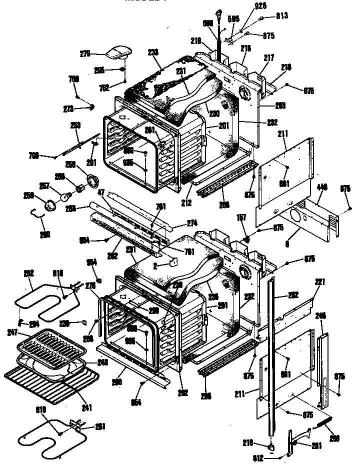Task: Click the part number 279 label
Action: [x=85, y=51]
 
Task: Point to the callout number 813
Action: [x=282, y=15]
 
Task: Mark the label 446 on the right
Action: [x=322, y=187]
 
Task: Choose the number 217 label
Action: [x=270, y=58]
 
